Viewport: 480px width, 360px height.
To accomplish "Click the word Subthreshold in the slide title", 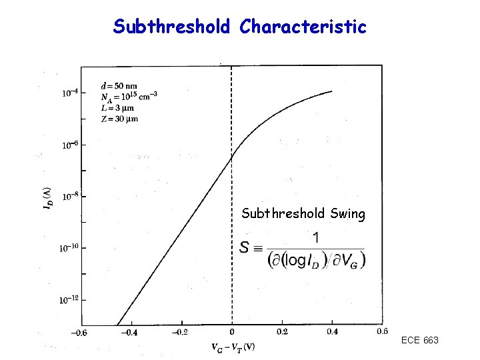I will [x=171, y=27].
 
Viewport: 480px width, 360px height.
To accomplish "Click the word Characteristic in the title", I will [x=303, y=27].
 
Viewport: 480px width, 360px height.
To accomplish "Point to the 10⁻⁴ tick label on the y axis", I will [x=69, y=93].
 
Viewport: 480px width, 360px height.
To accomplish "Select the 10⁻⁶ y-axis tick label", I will [x=69, y=144].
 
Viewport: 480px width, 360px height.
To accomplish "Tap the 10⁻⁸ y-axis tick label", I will [x=69, y=197].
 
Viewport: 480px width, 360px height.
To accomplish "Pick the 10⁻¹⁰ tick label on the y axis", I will [x=69, y=248].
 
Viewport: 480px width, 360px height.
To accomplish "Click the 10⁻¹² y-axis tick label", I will [x=69, y=300].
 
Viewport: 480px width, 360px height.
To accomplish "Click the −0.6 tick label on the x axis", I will [x=79, y=332].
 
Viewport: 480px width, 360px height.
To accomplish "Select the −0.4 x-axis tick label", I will [x=129, y=332].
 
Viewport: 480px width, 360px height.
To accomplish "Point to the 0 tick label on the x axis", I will [x=232, y=332].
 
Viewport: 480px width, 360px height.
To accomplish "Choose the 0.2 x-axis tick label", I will [x=282, y=332].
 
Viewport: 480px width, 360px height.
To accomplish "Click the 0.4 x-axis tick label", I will [x=333, y=332].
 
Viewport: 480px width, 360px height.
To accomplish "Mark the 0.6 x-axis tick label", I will [x=382, y=331].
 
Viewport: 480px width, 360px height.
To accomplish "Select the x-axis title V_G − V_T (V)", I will [x=233, y=347].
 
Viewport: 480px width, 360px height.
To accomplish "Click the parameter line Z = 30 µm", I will [x=119, y=119].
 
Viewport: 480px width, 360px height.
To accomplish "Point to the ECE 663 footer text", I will [x=419, y=341].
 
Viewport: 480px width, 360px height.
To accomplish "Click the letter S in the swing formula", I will [x=245, y=248].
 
